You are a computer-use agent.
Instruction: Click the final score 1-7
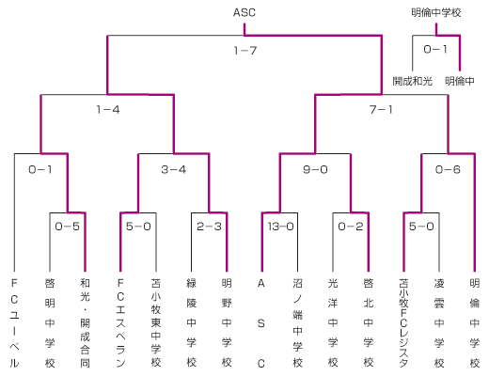tap(245, 50)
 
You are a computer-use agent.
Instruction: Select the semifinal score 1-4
tap(108, 110)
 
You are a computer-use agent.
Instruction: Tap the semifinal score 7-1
tap(381, 110)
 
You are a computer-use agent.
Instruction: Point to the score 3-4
tap(174, 169)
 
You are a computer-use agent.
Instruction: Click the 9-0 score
tap(315, 169)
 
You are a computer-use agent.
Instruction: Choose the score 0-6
tap(448, 169)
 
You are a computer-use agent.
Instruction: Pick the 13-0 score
tap(281, 227)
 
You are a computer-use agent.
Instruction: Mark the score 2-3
tap(209, 227)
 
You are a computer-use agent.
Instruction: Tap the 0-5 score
tap(68, 227)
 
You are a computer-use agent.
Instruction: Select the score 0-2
tap(351, 227)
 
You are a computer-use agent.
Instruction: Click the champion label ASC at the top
tap(244, 12)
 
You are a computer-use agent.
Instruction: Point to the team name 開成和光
tap(413, 81)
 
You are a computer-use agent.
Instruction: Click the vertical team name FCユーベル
tap(14, 322)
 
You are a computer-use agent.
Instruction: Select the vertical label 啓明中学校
tap(50, 322)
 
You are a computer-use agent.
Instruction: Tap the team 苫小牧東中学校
tap(156, 322)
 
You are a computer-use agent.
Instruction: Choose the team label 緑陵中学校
tap(192, 322)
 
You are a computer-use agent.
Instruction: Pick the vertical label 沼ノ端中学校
tap(297, 322)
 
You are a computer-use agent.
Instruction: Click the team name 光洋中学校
tap(333, 322)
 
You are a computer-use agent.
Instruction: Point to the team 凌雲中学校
tap(439, 322)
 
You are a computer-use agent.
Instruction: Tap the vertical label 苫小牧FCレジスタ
tap(403, 322)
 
